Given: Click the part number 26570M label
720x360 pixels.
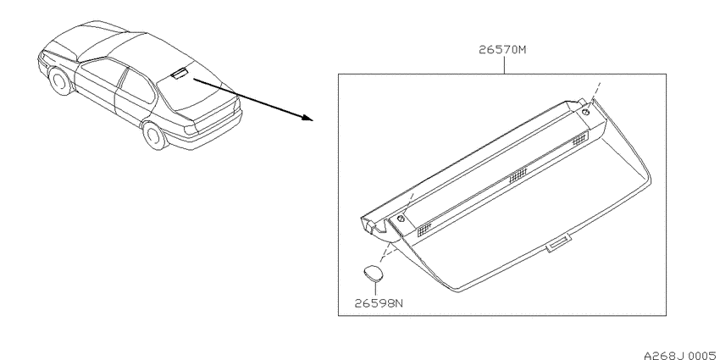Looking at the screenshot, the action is point(502,50).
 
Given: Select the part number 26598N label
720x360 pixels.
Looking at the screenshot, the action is point(379,303).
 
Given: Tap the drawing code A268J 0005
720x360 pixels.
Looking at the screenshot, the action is point(681,355).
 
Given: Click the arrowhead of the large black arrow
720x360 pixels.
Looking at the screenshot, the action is point(307,118).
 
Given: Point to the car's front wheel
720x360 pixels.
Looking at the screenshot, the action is point(59,81).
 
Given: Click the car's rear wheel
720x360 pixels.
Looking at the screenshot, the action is point(154,135).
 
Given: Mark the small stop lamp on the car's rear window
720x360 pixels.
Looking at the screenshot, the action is point(179,73).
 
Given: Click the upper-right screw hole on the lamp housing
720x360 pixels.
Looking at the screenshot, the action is point(586,112).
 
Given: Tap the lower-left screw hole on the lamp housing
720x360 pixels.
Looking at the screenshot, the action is point(401,219).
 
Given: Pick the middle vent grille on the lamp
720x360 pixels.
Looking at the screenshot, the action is point(518,174).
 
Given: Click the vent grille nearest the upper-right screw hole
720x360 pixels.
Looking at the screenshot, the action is point(580,138).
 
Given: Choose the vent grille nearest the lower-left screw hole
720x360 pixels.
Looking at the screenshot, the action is point(424,230).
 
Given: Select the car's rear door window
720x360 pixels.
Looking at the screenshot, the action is point(137,87).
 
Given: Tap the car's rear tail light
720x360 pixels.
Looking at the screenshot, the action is point(191,129).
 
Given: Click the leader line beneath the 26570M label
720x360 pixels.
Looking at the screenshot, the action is point(504,65).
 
